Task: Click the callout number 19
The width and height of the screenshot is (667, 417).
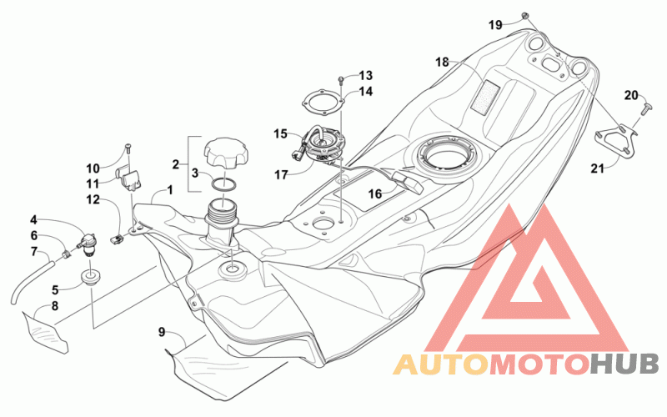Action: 495,25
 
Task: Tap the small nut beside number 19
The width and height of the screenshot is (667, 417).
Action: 526,15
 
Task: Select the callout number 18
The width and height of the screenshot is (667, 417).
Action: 442,62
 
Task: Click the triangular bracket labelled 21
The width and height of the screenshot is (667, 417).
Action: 615,140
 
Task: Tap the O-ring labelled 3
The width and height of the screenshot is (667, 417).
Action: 224,184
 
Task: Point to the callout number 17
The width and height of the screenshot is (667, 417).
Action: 281,174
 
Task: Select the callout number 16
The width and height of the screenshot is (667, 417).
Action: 374,194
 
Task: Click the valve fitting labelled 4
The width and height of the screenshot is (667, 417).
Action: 88,244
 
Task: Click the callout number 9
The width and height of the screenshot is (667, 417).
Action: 161,332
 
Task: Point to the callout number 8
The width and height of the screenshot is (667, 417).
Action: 55,306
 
